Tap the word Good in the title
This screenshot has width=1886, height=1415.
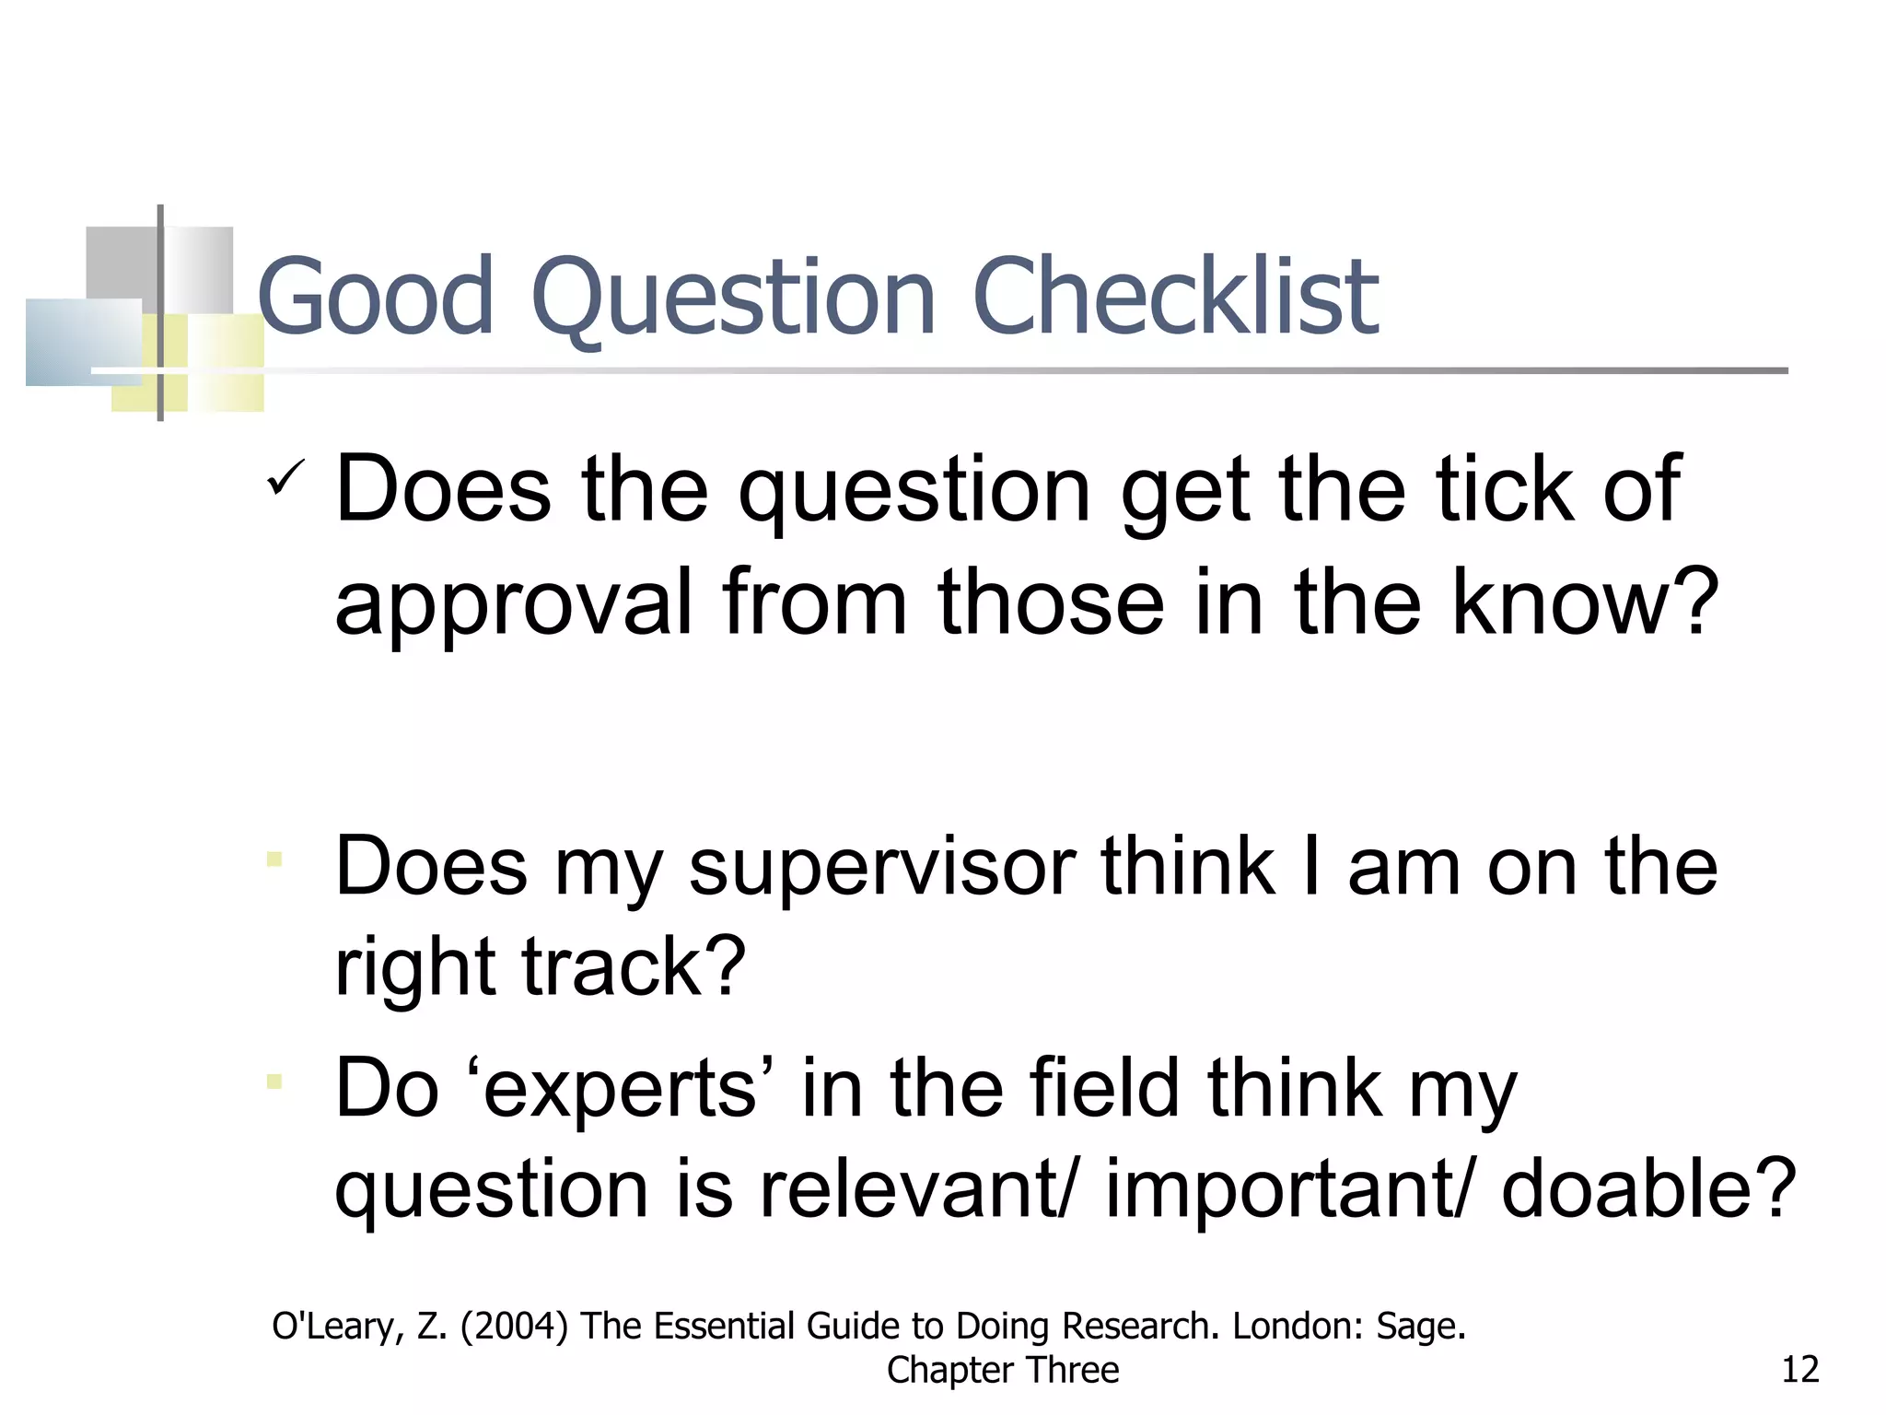[377, 297]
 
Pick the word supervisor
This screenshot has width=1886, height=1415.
[882, 868]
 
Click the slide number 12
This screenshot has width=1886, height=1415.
[1800, 1370]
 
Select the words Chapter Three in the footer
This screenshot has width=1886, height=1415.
[1003, 1370]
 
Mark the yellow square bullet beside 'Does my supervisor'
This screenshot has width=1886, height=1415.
[274, 860]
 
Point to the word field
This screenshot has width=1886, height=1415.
[1104, 1089]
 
